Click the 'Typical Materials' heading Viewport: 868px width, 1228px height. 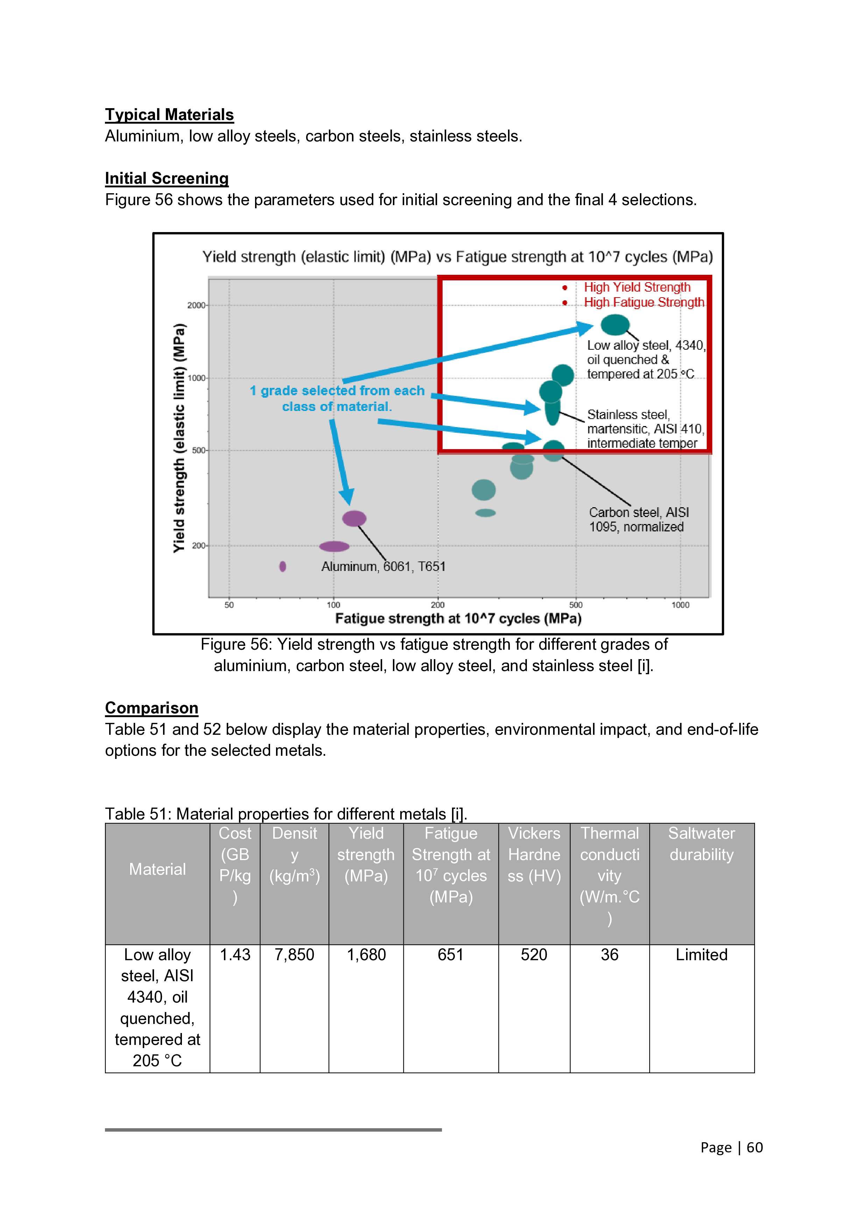click(169, 115)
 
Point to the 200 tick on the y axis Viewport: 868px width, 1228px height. click(199, 545)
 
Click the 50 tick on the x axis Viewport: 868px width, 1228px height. click(229, 605)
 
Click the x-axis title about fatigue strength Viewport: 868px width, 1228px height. click(458, 619)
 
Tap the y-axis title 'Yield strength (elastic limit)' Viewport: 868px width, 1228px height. click(179, 438)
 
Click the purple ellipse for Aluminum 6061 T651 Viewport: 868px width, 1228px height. click(354, 518)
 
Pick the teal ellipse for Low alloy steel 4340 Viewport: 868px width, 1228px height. click(615, 325)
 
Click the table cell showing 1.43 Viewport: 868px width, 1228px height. click(235, 955)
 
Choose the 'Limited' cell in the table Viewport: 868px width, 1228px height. click(701, 955)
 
